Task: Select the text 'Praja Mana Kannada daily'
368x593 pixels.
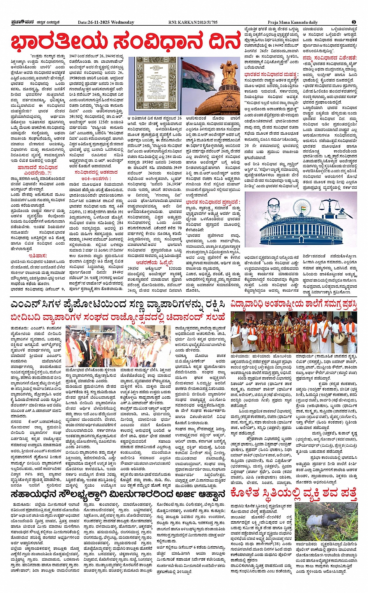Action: click(292, 22)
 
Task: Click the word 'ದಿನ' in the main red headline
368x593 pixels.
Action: click(221, 42)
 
